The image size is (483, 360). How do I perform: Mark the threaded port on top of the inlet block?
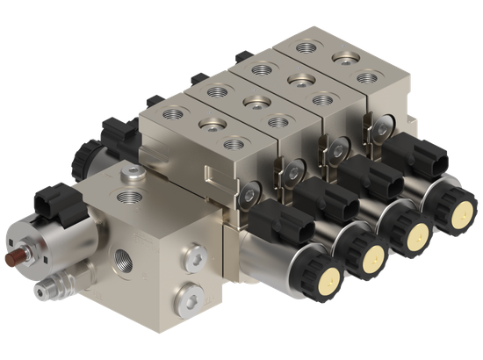click(133, 195)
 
